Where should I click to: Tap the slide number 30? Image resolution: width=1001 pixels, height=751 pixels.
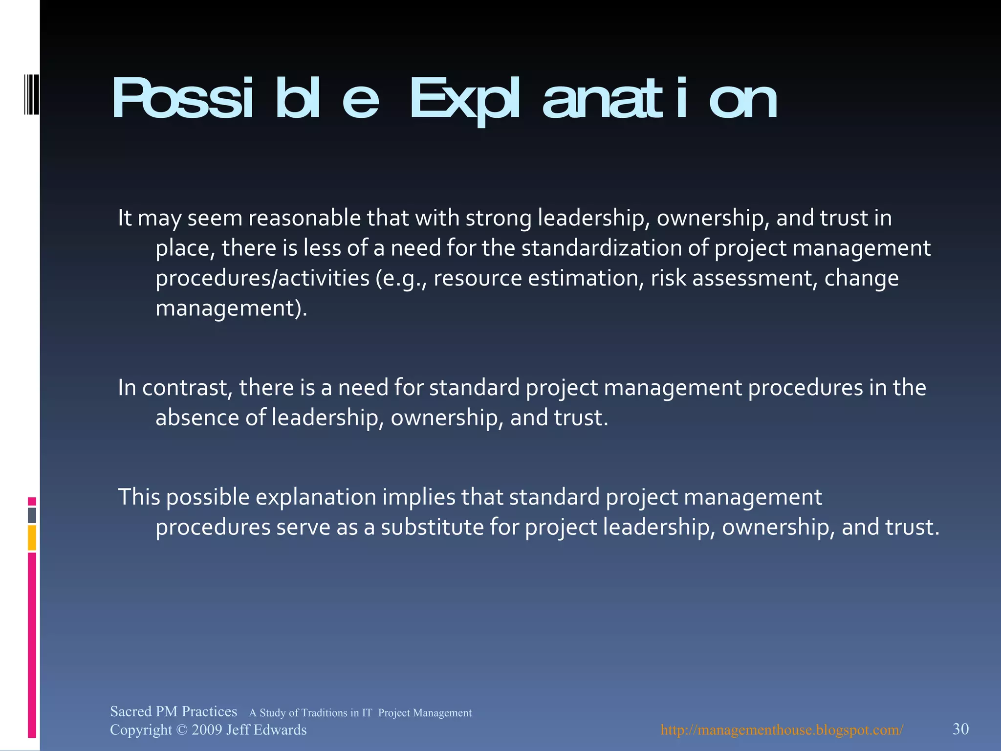[x=960, y=729]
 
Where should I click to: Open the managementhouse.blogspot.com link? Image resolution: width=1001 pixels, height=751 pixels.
[x=782, y=730]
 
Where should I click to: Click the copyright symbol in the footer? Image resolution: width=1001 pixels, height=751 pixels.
[x=181, y=730]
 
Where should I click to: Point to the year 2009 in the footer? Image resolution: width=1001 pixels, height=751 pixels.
[x=206, y=730]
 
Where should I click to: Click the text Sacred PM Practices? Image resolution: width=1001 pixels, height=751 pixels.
[x=174, y=711]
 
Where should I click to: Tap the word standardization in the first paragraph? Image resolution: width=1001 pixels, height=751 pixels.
[x=601, y=248]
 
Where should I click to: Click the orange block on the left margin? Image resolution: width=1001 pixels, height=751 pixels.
[x=32, y=538]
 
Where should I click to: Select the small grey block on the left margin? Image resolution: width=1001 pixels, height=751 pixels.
[x=32, y=515]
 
